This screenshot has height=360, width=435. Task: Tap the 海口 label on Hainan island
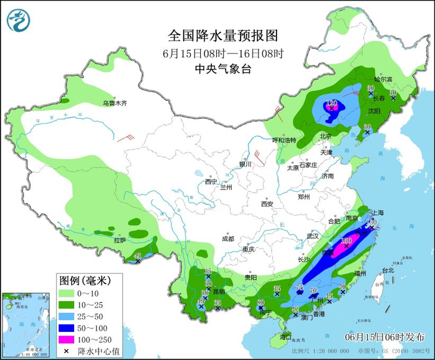(285, 336)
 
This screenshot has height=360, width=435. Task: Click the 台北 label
(388, 270)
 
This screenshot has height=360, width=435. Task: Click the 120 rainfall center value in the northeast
(332, 103)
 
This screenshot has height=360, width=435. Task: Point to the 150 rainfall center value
(347, 240)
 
